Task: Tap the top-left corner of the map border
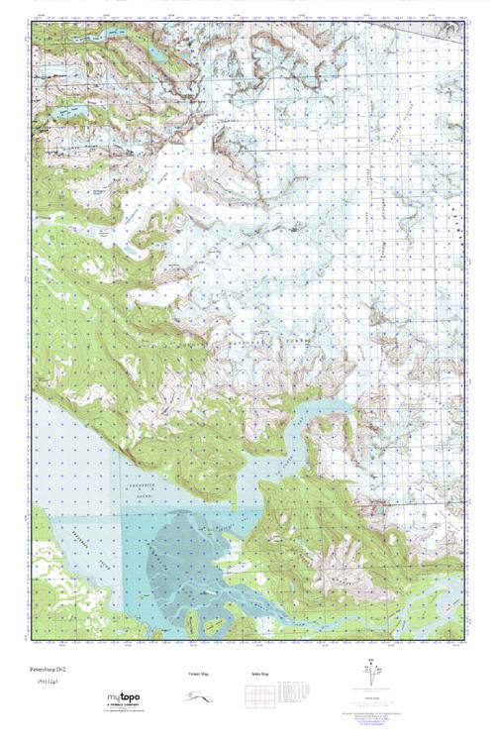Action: click(x=32, y=22)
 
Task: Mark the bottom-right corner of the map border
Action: click(x=463, y=639)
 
